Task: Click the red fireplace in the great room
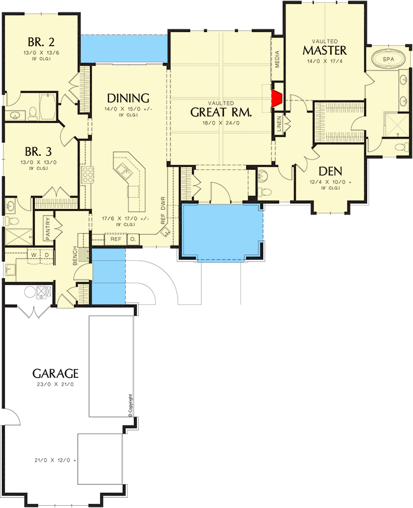(277, 98)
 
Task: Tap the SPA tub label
(388, 59)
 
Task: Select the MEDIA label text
(277, 59)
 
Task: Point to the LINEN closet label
(279, 124)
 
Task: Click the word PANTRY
(47, 229)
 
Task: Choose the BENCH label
(75, 256)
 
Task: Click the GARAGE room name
(55, 374)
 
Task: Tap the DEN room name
(331, 171)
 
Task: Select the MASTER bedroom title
(324, 50)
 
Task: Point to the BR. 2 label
(41, 42)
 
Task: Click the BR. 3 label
(38, 151)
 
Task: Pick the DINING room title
(128, 98)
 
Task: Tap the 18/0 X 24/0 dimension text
(221, 123)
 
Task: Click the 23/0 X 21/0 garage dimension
(55, 384)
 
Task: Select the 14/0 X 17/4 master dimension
(324, 61)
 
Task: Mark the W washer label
(34, 255)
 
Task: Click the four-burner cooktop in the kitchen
(87, 175)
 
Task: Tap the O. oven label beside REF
(133, 239)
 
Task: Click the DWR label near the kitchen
(163, 203)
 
